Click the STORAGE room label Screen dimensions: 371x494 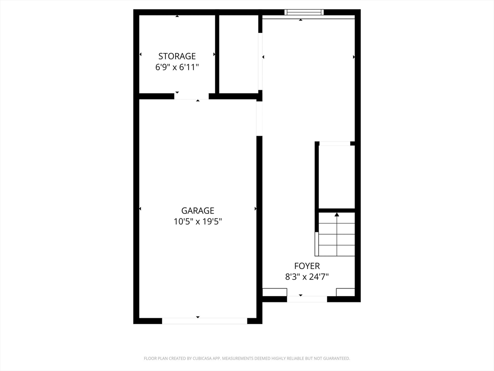(177, 56)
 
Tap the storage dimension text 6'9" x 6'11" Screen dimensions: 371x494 (177, 68)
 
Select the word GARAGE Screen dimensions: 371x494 (197, 211)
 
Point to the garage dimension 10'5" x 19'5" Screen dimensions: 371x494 (197, 222)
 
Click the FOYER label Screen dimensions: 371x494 (307, 266)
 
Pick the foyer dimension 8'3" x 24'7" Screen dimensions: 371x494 (307, 277)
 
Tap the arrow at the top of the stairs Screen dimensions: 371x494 (337, 214)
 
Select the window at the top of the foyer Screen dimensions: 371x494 (303, 12)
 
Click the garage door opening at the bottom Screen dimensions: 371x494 (204, 321)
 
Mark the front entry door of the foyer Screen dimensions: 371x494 (307, 299)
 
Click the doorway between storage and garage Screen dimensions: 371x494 (192, 96)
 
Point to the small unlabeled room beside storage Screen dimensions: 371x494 (239, 54)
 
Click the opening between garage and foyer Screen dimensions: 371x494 (259, 118)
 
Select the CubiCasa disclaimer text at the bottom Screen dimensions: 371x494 (247, 358)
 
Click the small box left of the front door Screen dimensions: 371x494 (274, 292)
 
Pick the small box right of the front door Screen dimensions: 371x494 (345, 292)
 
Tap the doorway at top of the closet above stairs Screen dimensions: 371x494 (335, 143)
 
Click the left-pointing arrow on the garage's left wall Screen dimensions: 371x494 (140, 209)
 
